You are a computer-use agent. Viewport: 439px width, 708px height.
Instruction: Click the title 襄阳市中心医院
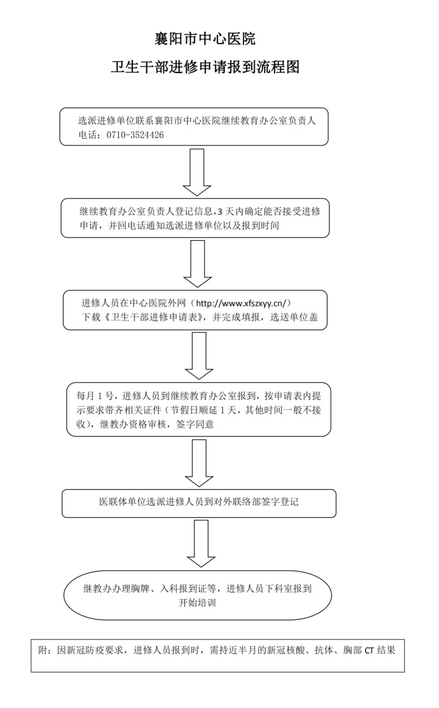(205, 39)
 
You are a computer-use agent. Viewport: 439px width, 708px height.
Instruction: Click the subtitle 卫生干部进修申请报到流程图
(205, 67)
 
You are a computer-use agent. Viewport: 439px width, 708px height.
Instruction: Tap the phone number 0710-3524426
(135, 135)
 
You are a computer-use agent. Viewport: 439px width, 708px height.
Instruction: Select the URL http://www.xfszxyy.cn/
(241, 303)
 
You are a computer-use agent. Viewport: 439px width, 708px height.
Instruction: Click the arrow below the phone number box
(197, 172)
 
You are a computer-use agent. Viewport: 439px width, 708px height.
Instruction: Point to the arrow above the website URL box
(198, 264)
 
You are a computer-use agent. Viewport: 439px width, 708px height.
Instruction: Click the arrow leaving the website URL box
(199, 355)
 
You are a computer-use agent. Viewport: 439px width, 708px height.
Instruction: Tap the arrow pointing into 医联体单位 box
(199, 463)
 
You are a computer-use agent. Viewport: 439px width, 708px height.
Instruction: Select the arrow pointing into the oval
(201, 544)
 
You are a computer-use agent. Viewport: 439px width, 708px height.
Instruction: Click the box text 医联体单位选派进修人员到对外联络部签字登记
(199, 502)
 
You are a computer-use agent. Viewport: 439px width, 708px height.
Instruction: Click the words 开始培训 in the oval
(197, 603)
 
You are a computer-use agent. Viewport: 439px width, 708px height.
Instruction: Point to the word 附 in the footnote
(43, 650)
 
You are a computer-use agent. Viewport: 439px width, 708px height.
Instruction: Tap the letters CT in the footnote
(369, 650)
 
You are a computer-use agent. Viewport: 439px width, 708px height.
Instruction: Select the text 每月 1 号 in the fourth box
(94, 395)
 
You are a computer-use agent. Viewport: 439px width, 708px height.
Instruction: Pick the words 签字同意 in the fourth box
(195, 424)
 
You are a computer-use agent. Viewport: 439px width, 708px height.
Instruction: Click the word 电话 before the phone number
(88, 135)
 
